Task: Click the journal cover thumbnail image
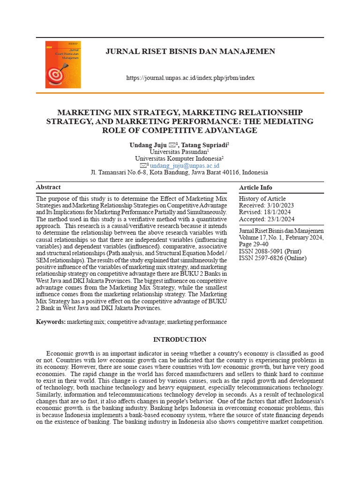tap(63, 65)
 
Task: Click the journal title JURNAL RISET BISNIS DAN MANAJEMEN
tap(190, 52)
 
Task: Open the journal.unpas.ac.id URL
tap(190, 78)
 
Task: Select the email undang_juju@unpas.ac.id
tap(184, 166)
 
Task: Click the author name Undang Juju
tap(145, 145)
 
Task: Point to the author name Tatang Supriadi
tap(204, 145)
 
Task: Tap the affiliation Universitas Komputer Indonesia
tap(179, 159)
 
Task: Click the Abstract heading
tap(48, 187)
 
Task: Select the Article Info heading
tap(255, 187)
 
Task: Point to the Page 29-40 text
tap(254, 244)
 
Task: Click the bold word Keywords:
tap(51, 322)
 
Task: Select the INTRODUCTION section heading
tap(180, 340)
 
